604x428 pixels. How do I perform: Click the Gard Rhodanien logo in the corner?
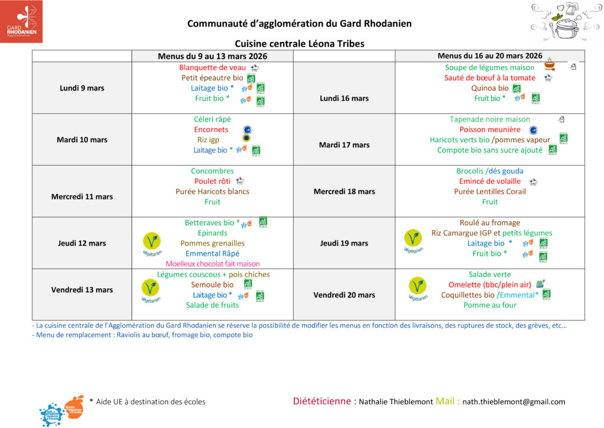[x=21, y=21]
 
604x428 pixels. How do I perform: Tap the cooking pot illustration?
[x=564, y=21]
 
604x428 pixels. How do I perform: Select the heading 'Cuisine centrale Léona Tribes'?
[x=300, y=44]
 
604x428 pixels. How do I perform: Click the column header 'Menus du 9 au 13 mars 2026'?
[x=212, y=56]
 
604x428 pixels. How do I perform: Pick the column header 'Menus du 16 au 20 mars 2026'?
[x=490, y=56]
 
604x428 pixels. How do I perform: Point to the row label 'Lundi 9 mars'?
[x=82, y=88]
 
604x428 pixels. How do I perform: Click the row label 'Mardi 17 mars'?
[x=344, y=145]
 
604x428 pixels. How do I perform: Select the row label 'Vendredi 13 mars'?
[x=82, y=289]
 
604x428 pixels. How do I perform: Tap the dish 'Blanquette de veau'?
[x=204, y=67]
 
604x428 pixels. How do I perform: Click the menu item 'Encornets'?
[x=211, y=129]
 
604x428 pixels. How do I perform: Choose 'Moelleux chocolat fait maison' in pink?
[x=212, y=264]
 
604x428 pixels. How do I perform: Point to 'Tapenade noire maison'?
[x=490, y=119]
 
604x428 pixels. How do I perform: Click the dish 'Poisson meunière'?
[x=490, y=129]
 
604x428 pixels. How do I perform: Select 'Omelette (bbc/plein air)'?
[x=490, y=284]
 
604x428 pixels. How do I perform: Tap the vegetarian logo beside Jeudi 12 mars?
[x=152, y=242]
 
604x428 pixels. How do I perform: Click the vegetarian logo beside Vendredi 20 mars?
[x=417, y=288]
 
